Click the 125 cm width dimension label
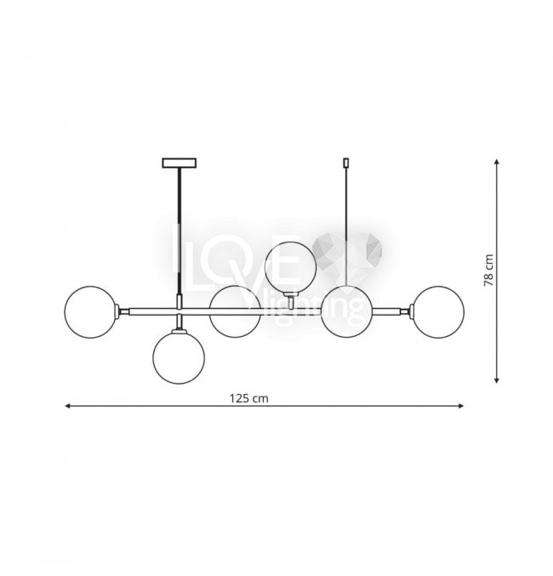(249, 398)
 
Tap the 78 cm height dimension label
(488, 271)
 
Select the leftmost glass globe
(90, 312)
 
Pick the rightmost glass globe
(438, 312)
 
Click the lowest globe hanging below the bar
(179, 358)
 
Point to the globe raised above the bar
(290, 267)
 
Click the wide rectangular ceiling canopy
(180, 163)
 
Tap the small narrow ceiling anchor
(345, 163)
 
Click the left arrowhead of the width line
(67, 406)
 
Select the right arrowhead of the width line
(461, 406)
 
